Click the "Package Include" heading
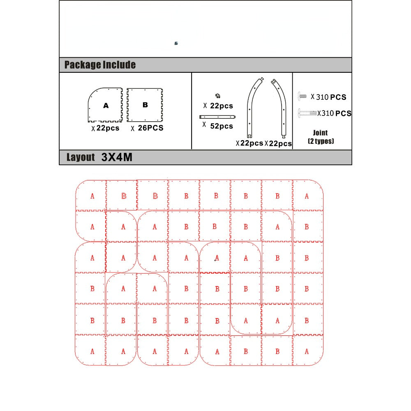click(x=100, y=65)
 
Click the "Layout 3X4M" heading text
click(x=99, y=157)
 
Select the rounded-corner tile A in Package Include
click(x=105, y=105)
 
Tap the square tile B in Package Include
click(x=145, y=104)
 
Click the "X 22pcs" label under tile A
click(x=105, y=128)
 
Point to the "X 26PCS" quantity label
click(x=147, y=128)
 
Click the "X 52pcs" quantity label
click(x=218, y=126)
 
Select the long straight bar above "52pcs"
click(x=217, y=116)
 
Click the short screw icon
click(x=302, y=96)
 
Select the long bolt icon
click(x=307, y=112)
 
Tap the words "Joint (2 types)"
click(x=321, y=137)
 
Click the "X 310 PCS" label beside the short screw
click(x=329, y=97)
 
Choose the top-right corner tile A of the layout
click(x=307, y=196)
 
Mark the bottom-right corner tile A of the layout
click(x=307, y=351)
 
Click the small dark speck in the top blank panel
click(x=176, y=43)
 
